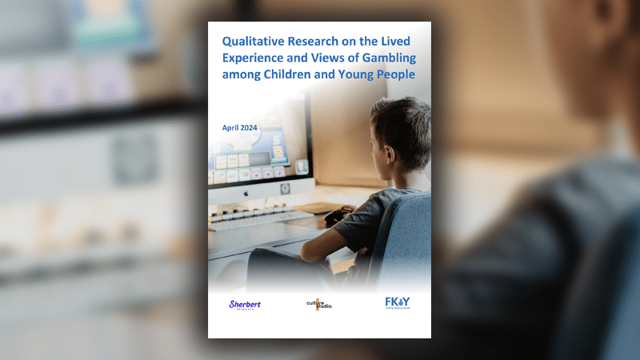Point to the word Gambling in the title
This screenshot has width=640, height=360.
(389, 58)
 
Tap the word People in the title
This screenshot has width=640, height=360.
(395, 74)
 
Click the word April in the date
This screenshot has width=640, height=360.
(230, 128)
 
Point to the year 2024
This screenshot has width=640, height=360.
(249, 128)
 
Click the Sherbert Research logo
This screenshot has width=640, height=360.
(245, 305)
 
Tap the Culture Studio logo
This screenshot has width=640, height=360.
(319, 305)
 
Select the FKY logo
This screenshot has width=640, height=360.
(398, 303)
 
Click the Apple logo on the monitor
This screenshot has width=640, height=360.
(246, 193)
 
